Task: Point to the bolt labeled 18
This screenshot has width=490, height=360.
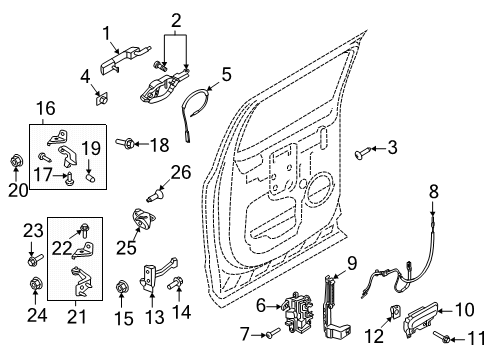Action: (x=132, y=145)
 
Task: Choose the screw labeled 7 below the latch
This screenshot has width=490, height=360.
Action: (x=273, y=334)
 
